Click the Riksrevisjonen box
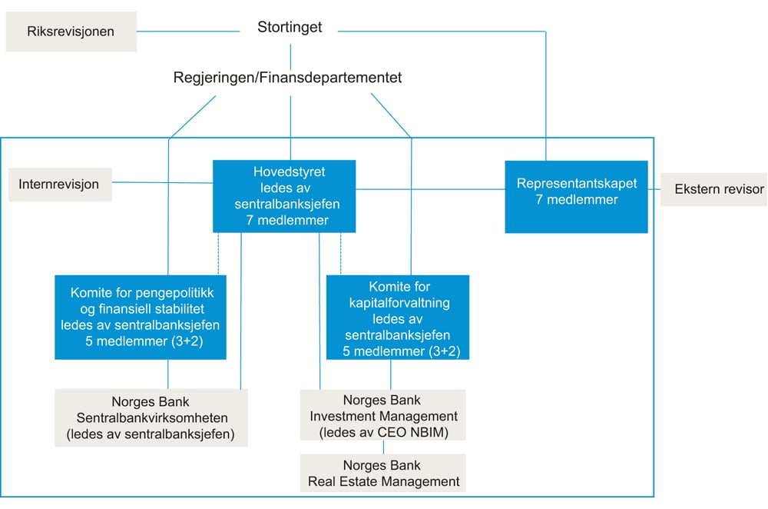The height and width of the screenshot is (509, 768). [x=71, y=32]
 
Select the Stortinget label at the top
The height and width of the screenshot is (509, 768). [x=290, y=28]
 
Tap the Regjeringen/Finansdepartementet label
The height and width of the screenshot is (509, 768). [x=287, y=78]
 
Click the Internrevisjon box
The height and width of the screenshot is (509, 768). [x=59, y=185]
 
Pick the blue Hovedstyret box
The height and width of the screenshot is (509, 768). [x=284, y=195]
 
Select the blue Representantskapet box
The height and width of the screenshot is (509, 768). [x=576, y=195]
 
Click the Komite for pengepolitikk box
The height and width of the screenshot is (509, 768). [x=141, y=317]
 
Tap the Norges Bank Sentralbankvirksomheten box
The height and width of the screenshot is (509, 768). [x=151, y=418]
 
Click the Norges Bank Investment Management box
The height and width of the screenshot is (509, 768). [x=383, y=416]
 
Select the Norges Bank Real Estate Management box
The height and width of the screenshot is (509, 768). [x=383, y=474]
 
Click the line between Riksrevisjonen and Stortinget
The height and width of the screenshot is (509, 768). [x=188, y=32]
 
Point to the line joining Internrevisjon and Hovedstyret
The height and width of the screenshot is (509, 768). [x=161, y=183]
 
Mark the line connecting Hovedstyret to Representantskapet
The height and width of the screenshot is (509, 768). [x=430, y=189]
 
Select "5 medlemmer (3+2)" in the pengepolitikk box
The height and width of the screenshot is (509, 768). [x=141, y=339]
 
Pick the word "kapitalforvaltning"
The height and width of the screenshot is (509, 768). [x=398, y=302]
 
